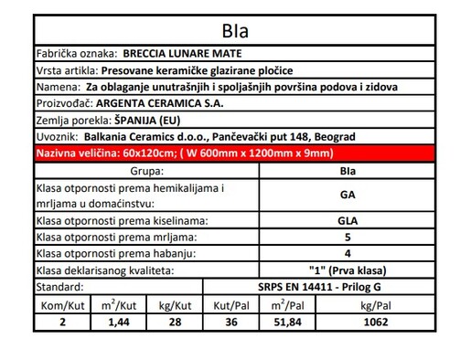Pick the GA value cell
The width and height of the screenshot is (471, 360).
[x=347, y=194]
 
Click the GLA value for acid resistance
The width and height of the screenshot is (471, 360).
[x=347, y=220]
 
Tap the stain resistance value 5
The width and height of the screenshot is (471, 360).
[x=347, y=237]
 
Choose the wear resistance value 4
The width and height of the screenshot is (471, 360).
[x=347, y=253]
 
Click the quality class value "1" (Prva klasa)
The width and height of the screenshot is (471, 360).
[x=347, y=270]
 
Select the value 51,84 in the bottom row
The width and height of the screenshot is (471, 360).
[x=287, y=321]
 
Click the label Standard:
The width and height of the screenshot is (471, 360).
[x=60, y=287]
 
